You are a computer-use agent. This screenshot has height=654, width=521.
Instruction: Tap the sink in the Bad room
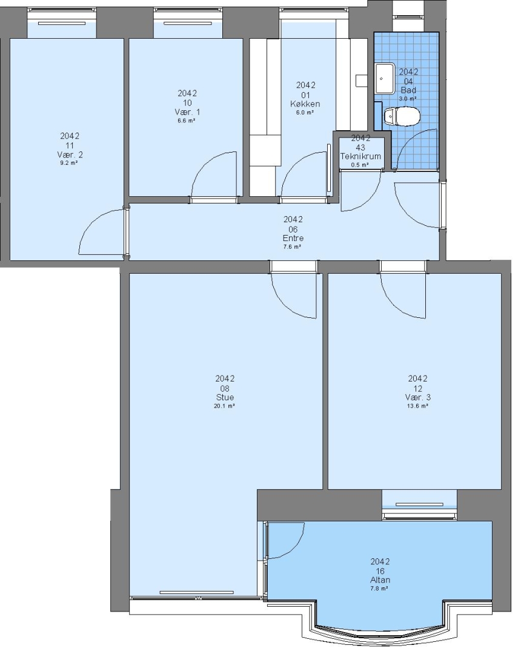(x=385, y=78)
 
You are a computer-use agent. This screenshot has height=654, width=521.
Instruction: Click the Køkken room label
(x=305, y=104)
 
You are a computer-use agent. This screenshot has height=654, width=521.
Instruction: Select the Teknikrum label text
(x=360, y=156)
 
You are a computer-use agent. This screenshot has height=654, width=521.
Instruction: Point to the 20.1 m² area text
(x=224, y=406)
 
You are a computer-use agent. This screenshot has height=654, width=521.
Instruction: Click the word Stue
(x=225, y=397)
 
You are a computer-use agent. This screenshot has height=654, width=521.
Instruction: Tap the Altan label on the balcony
(x=380, y=580)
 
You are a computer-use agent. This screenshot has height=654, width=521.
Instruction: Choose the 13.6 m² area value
(x=417, y=406)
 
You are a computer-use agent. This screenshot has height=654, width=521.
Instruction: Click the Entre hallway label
(x=293, y=238)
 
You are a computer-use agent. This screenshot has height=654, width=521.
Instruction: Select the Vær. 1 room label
(x=187, y=112)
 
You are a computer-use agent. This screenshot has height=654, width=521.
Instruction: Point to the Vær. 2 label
(x=70, y=155)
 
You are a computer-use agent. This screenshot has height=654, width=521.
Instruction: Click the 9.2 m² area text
(x=69, y=163)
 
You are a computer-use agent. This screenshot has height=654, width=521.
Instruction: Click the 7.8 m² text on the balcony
(x=380, y=589)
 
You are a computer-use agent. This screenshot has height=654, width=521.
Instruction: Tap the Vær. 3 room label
(x=417, y=397)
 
